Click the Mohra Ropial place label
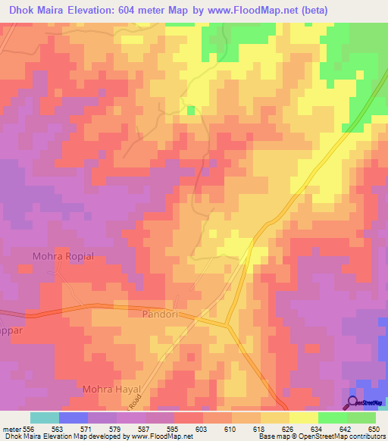tap(63, 256)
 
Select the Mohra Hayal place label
tap(112, 389)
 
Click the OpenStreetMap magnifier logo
tap(352, 402)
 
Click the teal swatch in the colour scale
tap(44, 418)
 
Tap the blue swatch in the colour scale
tap(73, 418)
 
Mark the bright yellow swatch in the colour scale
tap(303, 418)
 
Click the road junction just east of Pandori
tap(227, 326)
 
